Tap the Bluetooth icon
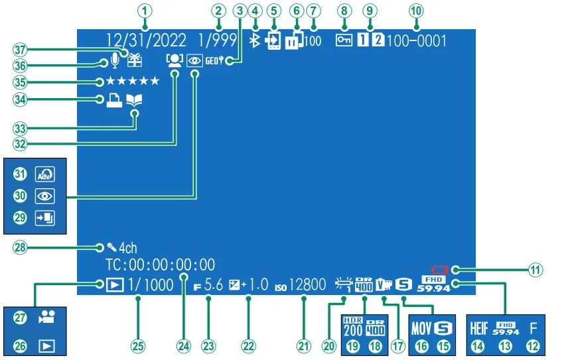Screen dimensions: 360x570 [x=253, y=40]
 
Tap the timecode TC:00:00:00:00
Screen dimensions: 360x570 [x=160, y=265]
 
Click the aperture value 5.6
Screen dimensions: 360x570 [x=214, y=285]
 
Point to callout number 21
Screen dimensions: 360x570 [x=304, y=345]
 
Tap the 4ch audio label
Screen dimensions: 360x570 [x=123, y=249]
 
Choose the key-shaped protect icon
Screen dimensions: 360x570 [x=343, y=41]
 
